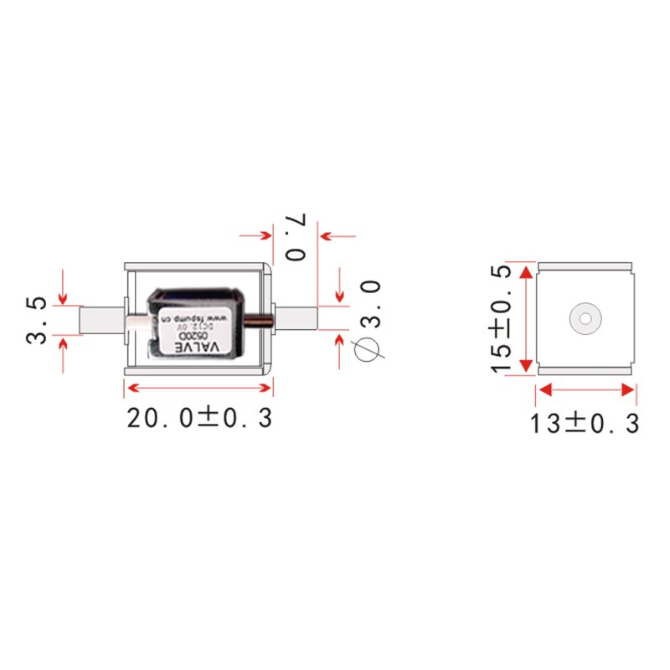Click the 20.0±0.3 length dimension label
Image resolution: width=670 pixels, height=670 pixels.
[199, 417]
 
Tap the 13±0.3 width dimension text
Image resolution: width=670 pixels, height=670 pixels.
[584, 423]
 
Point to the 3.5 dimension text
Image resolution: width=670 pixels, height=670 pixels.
[36, 319]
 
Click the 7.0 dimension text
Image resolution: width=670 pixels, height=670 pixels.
[297, 237]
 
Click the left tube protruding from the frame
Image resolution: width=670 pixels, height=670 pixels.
[100, 319]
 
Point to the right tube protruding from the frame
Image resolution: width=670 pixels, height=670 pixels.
[296, 318]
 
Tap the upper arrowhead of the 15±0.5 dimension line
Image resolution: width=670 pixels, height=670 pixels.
[526, 272]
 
